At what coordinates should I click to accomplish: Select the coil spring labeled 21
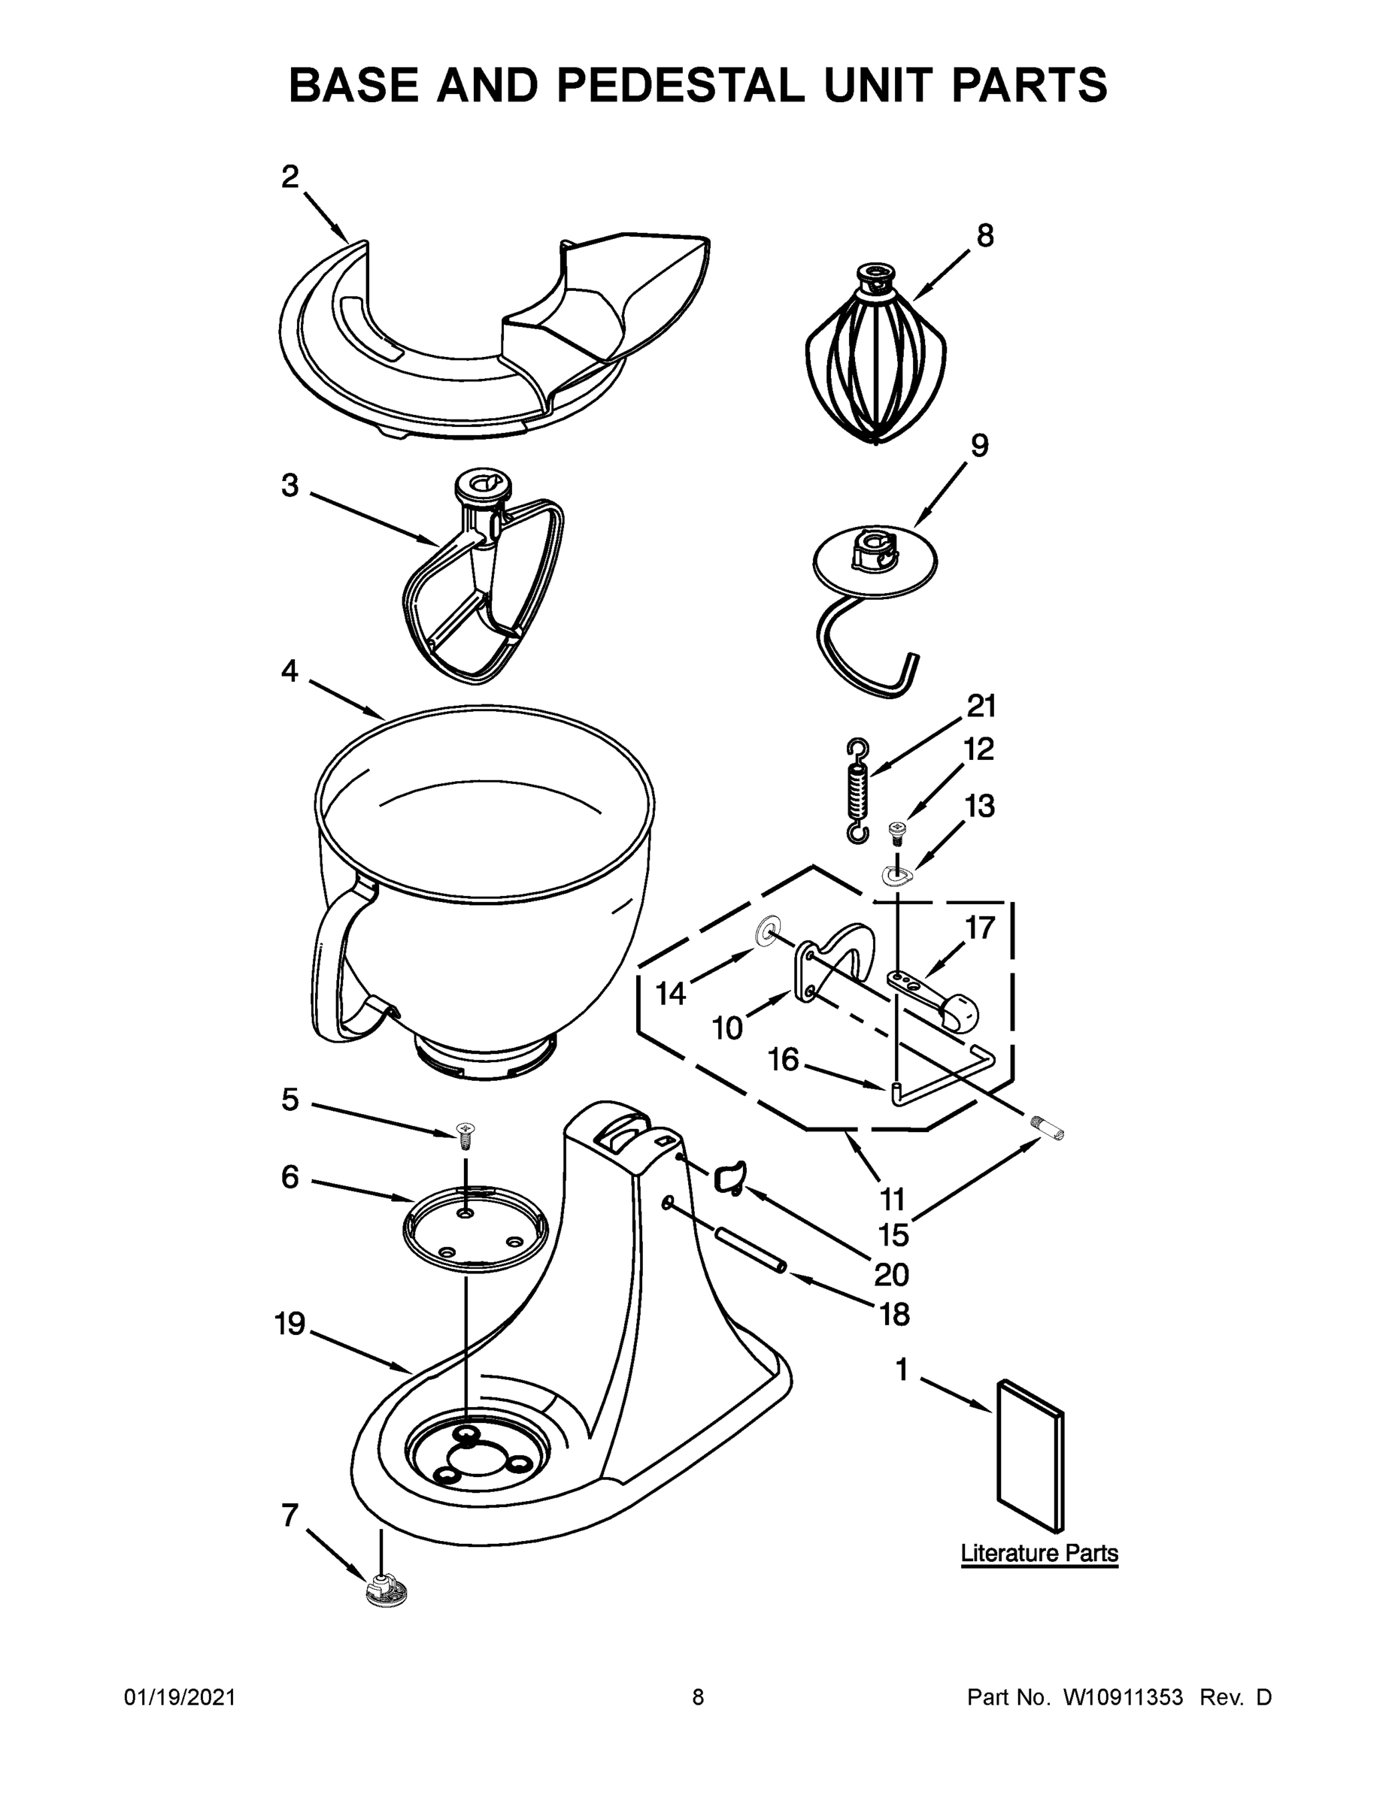(x=859, y=791)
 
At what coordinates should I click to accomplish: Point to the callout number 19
(x=290, y=1324)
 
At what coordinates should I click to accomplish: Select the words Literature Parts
(x=1039, y=1553)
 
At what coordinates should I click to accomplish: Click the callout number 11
(x=892, y=1197)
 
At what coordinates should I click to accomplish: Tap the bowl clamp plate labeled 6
(x=475, y=1230)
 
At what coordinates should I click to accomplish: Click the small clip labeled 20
(x=729, y=1176)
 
